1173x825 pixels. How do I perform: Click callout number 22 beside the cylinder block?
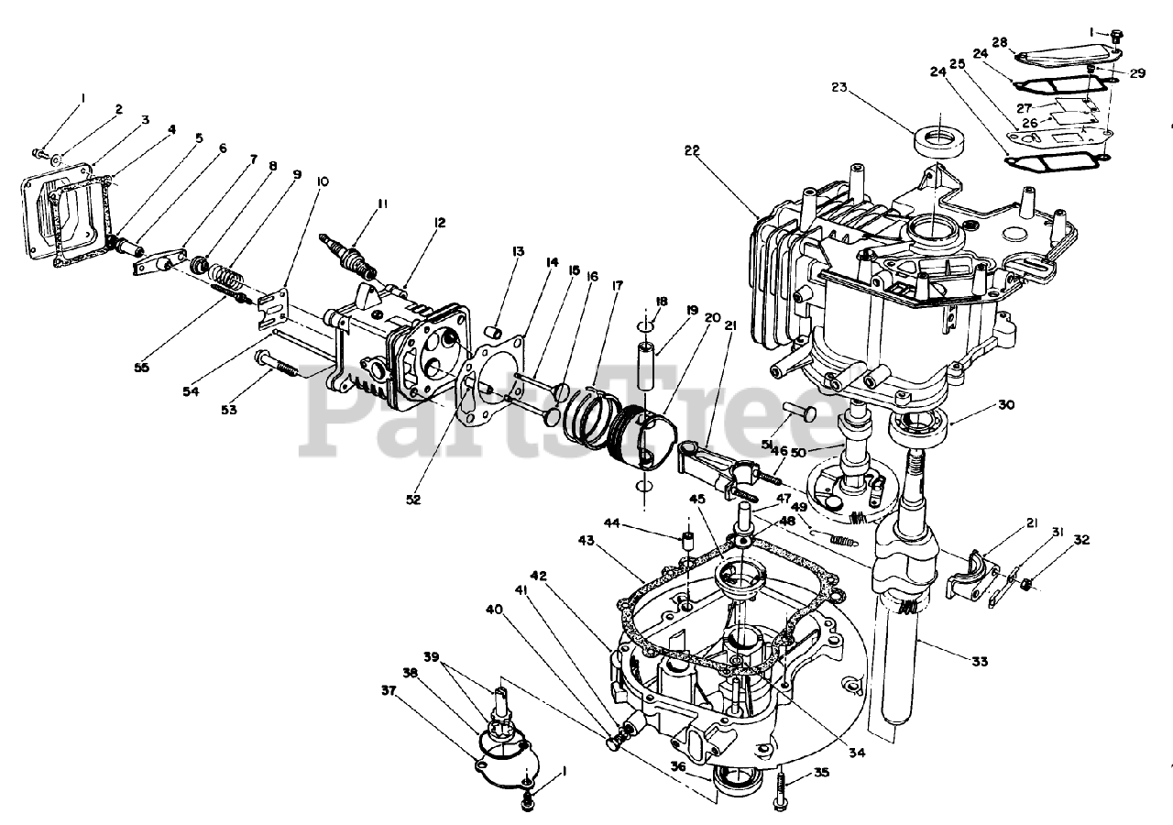click(692, 151)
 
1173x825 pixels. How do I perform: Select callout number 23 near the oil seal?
click(839, 87)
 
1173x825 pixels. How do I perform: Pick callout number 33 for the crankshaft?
click(980, 662)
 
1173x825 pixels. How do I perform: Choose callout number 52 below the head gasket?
click(413, 500)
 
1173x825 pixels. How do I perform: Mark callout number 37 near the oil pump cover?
click(389, 691)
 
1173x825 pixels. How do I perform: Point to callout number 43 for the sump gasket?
click(586, 540)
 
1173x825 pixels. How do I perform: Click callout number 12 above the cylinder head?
click(440, 223)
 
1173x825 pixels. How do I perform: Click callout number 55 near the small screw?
click(141, 368)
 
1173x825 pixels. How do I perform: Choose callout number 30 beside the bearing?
click(1006, 405)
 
